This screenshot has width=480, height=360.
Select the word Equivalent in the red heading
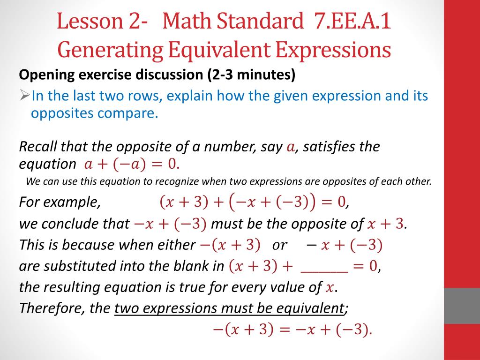(216, 50)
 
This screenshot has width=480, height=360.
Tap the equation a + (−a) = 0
(131, 165)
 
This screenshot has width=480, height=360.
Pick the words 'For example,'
(60, 202)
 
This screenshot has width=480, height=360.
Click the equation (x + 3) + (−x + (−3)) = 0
(253, 202)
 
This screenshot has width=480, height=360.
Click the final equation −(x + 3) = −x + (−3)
(292, 330)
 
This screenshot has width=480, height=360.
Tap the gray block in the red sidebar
(462, 305)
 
